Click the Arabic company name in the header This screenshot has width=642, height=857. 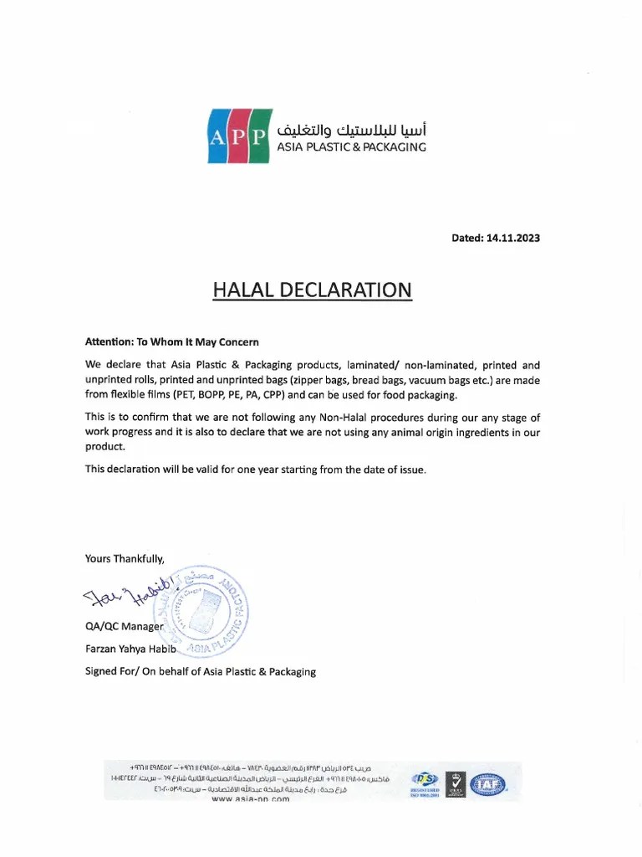click(x=351, y=130)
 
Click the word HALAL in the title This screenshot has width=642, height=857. click(x=248, y=290)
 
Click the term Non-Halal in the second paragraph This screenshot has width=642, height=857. click(x=354, y=417)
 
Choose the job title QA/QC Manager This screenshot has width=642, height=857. click(x=125, y=627)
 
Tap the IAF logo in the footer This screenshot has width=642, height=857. click(x=488, y=784)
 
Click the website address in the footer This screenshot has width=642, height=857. click(x=251, y=799)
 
